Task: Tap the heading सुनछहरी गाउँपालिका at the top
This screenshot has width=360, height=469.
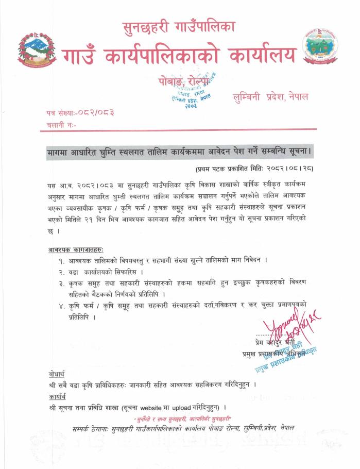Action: [x=180, y=27]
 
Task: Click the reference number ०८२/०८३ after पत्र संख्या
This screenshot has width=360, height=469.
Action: [x=95, y=112]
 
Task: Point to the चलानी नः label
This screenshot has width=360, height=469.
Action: [x=60, y=125]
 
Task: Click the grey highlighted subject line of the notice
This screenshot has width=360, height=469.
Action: [x=180, y=153]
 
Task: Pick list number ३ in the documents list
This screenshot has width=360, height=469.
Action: [x=62, y=283]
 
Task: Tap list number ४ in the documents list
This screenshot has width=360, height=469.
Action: [x=62, y=306]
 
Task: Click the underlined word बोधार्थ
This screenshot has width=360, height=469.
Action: [x=54, y=373]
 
